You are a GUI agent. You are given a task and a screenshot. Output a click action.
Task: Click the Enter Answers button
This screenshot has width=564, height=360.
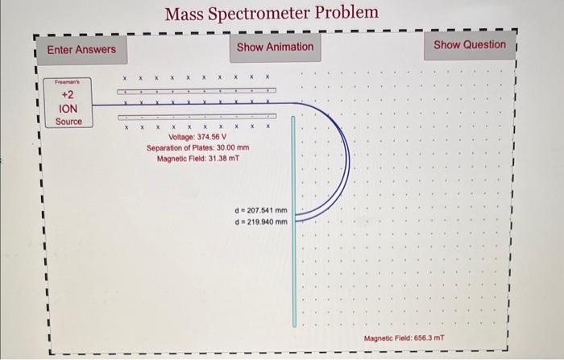[x=81, y=50]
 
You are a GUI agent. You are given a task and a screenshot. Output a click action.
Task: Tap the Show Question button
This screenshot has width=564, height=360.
[x=470, y=45]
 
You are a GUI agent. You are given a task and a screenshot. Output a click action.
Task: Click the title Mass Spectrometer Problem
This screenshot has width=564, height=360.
[x=271, y=14]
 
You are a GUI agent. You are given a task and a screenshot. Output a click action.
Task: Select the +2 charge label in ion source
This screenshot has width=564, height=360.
[x=68, y=94]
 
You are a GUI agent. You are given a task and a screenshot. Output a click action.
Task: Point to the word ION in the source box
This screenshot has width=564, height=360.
[x=68, y=108]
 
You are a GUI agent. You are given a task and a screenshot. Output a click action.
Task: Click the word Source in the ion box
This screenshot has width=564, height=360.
[x=68, y=122]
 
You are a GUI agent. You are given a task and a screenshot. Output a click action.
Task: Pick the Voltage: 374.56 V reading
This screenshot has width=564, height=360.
[x=197, y=137]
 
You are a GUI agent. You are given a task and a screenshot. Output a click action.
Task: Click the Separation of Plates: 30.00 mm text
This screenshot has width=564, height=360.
[x=198, y=147]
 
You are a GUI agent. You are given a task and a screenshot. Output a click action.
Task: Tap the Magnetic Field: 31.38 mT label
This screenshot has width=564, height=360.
[x=198, y=158]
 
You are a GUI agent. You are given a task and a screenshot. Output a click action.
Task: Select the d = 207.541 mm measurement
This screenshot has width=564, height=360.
[x=260, y=210]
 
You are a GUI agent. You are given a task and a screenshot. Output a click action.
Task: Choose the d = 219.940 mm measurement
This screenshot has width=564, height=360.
[x=260, y=221]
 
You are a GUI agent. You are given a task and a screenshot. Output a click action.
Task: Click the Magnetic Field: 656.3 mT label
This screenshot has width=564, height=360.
[x=404, y=339]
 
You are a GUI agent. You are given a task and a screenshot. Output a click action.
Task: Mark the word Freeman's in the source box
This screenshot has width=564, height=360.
[x=68, y=82]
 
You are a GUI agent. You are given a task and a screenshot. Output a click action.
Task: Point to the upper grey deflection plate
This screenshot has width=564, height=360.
[x=197, y=91]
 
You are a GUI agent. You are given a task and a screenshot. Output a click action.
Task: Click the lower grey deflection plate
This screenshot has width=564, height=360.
[x=197, y=116]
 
